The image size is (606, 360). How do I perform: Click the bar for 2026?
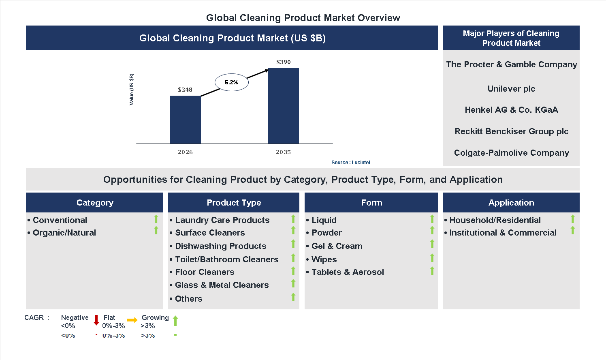tap(185, 120)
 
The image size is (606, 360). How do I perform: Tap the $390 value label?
tap(283, 62)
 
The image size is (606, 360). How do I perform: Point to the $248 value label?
tap(185, 90)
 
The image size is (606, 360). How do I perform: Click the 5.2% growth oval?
tap(231, 82)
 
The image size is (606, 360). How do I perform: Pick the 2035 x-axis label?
tap(283, 152)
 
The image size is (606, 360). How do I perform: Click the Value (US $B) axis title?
tap(131, 90)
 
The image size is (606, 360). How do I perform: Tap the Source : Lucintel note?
tap(350, 163)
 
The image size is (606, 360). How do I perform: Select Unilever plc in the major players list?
tap(511, 89)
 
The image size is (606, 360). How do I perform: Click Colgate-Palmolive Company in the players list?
tap(511, 153)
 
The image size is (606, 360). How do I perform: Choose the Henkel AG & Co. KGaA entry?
tap(511, 110)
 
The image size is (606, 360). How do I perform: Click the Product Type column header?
tap(234, 203)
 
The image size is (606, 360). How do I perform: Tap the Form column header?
tap(371, 203)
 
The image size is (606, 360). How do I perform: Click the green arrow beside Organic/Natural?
tap(156, 231)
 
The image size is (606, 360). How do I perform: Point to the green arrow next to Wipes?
tap(432, 258)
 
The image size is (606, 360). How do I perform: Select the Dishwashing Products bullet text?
tap(220, 246)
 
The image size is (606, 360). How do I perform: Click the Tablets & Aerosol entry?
tap(348, 272)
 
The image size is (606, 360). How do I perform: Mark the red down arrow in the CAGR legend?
tap(96, 320)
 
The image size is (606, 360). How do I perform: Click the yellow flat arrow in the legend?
tap(132, 320)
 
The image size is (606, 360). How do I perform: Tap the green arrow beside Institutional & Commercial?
tap(573, 231)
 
